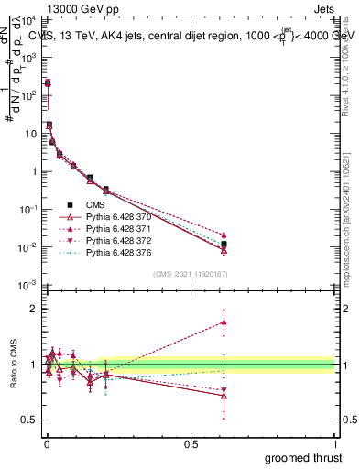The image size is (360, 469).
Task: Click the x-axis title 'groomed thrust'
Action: coord(303,457)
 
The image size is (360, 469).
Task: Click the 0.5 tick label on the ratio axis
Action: coord(28,420)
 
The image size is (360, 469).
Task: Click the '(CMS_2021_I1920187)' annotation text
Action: coord(191,274)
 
